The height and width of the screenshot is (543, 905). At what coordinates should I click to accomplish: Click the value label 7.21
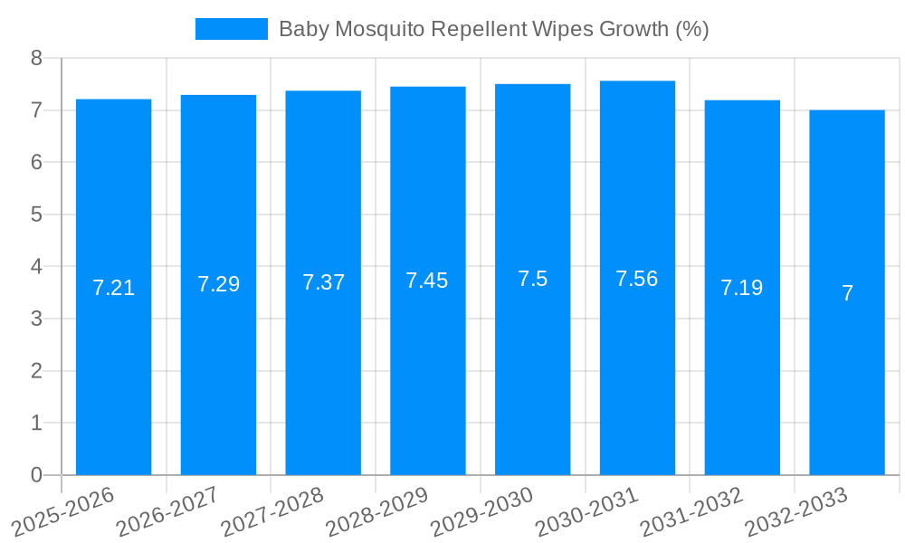(113, 288)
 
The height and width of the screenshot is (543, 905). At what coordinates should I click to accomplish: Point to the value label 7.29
(218, 284)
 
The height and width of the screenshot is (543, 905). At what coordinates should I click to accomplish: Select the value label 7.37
(323, 282)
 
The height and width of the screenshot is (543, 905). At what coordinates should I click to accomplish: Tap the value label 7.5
(532, 279)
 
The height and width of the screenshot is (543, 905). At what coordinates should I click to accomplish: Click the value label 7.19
(741, 288)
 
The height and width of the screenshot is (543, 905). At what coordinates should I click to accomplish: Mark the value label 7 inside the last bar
(847, 293)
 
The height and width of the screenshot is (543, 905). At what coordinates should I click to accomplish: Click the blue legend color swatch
(231, 29)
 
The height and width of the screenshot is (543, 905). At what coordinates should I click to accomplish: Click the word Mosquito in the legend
(379, 29)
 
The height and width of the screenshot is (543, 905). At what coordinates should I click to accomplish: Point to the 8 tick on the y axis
(36, 58)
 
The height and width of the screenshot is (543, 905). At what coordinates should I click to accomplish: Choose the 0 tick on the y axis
(36, 475)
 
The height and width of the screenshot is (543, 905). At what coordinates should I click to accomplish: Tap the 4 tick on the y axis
(36, 267)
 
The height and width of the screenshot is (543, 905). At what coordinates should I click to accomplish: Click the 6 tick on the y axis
(36, 162)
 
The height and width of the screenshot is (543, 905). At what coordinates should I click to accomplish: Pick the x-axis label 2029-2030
(482, 511)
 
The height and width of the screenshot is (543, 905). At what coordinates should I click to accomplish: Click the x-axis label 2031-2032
(691, 511)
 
